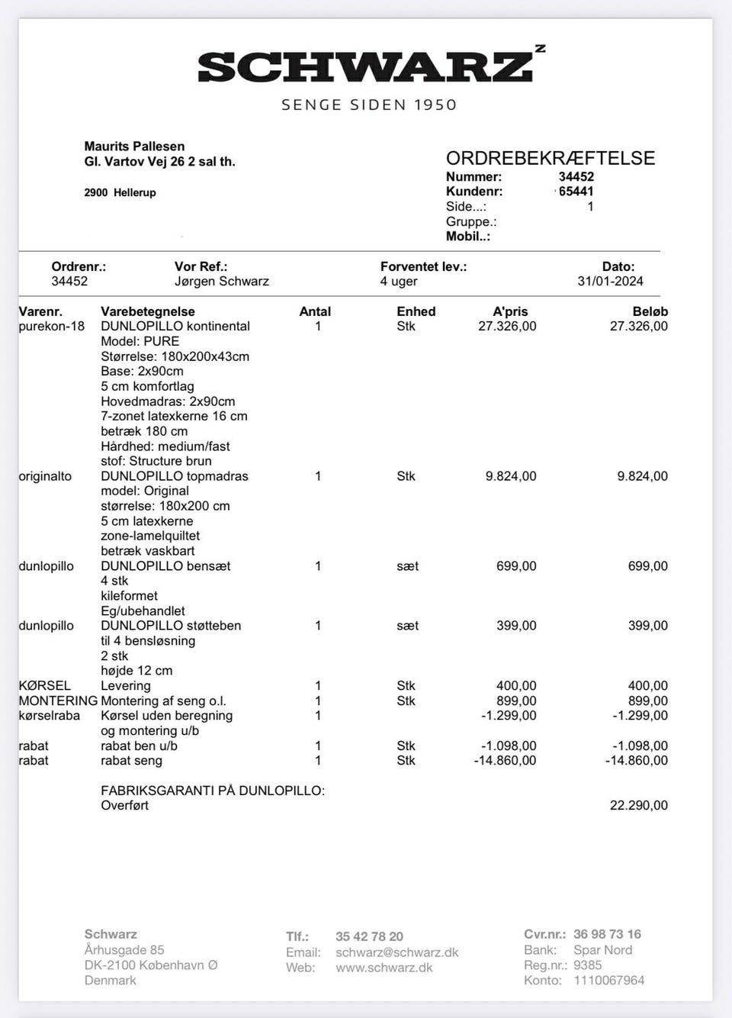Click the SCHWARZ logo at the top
pyautogui.click(x=366, y=67)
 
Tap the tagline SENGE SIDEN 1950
pyautogui.click(x=369, y=105)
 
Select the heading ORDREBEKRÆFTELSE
pyautogui.click(x=551, y=158)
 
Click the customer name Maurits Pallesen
pyautogui.click(x=134, y=146)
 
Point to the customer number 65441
pyautogui.click(x=576, y=192)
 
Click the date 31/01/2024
pyautogui.click(x=610, y=281)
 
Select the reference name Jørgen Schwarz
pyautogui.click(x=221, y=281)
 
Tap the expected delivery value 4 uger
pyautogui.click(x=399, y=281)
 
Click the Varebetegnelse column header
pyautogui.click(x=147, y=311)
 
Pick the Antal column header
pyautogui.click(x=315, y=311)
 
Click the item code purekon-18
pyautogui.click(x=52, y=326)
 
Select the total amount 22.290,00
pyautogui.click(x=638, y=805)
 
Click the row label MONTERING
pyautogui.click(x=58, y=701)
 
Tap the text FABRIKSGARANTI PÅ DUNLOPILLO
pyautogui.click(x=213, y=791)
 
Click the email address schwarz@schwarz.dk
pyautogui.click(x=396, y=952)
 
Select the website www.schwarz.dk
pyautogui.click(x=384, y=968)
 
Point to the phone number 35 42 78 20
pyautogui.click(x=369, y=936)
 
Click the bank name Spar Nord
pyautogui.click(x=602, y=950)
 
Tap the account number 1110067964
pyautogui.click(x=608, y=980)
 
